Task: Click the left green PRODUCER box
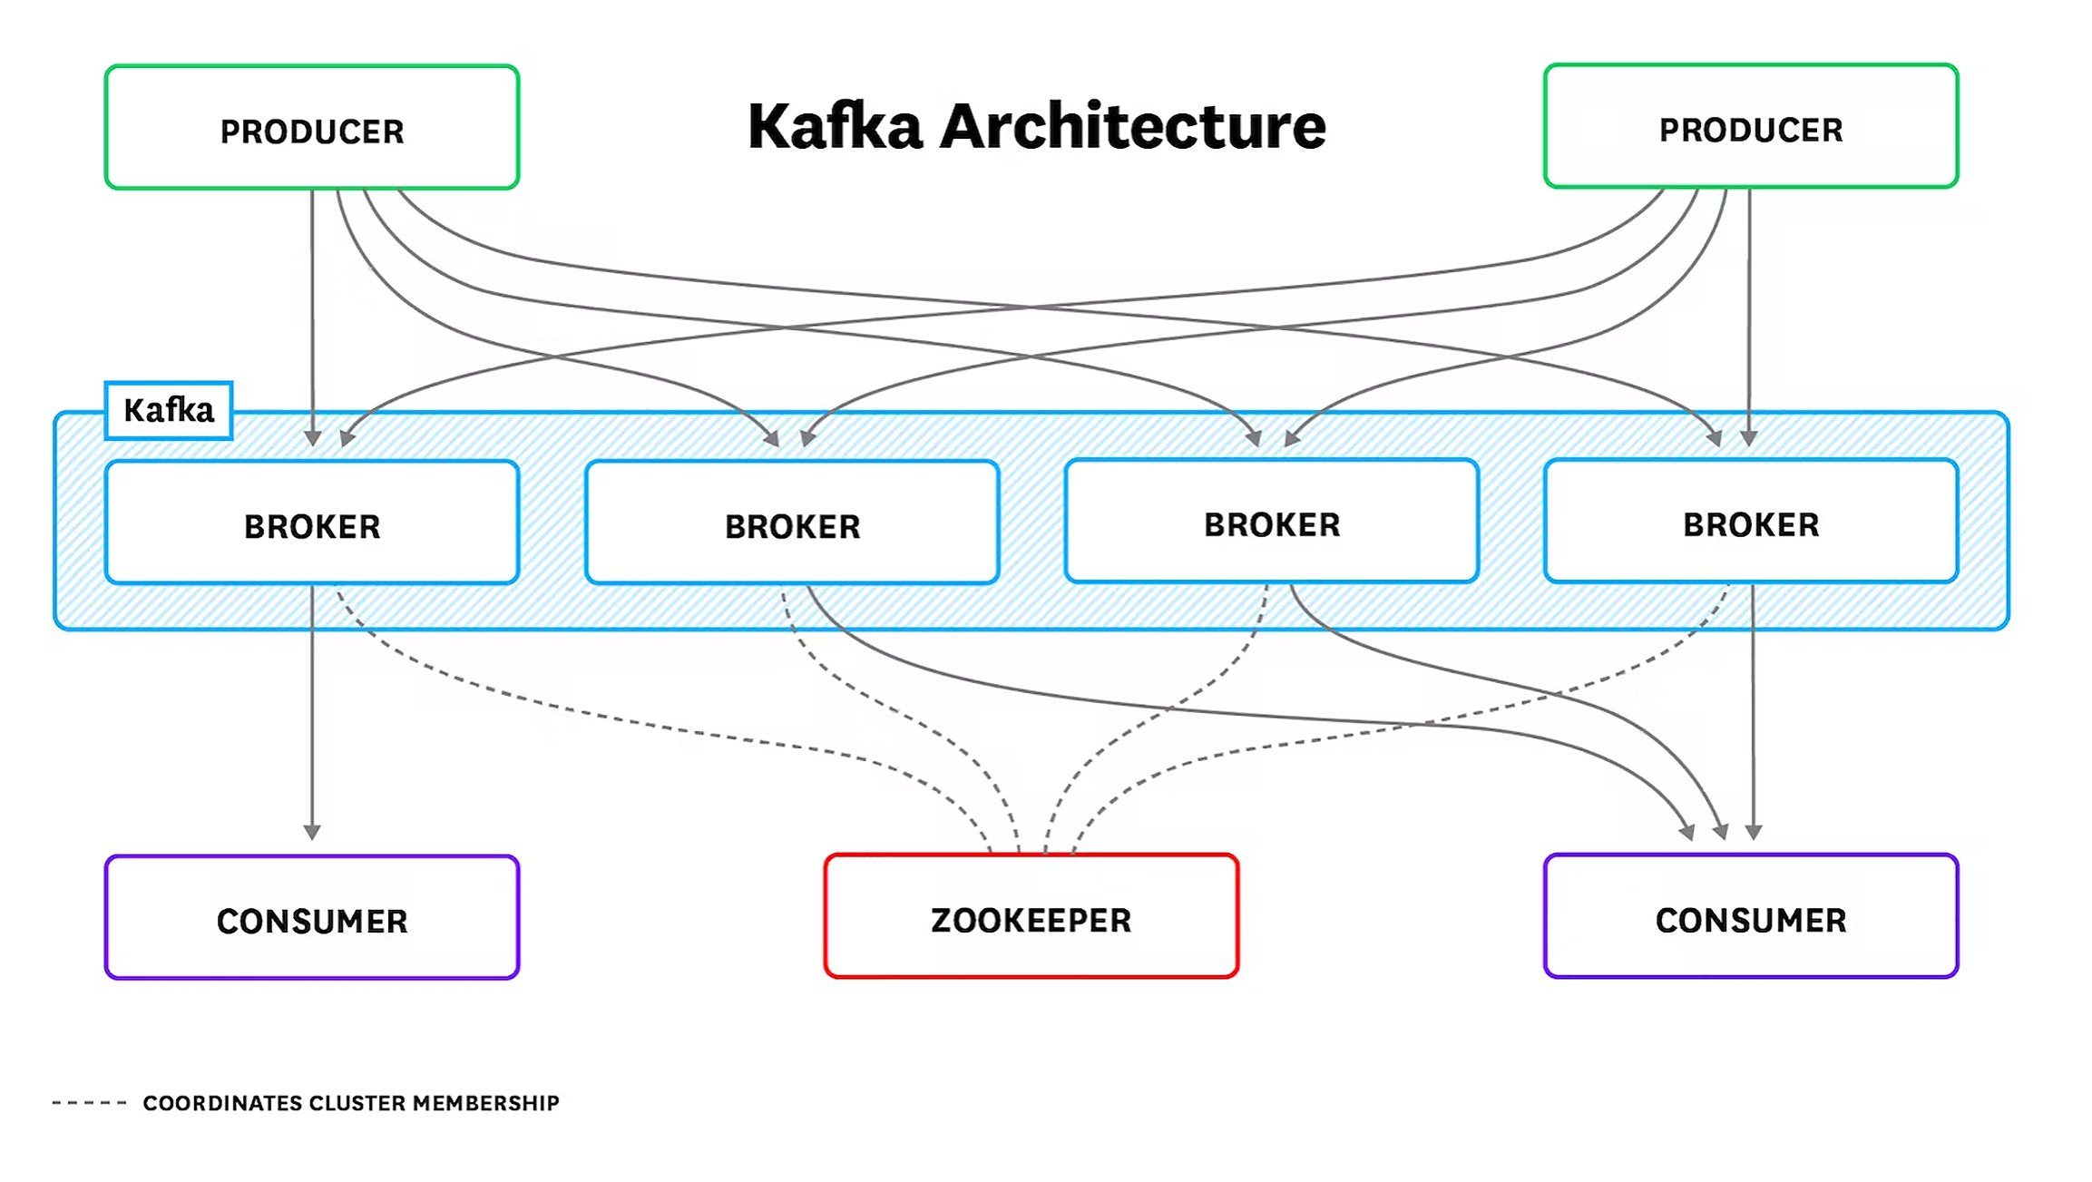pos(311,127)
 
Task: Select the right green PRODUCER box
pos(1750,126)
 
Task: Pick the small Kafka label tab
pos(169,411)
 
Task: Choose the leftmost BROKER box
pos(311,523)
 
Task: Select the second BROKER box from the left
pos(792,523)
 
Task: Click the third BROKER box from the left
pos(1271,522)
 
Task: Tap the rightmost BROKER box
pos(1750,522)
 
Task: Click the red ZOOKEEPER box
pos(1031,917)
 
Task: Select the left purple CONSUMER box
pos(311,918)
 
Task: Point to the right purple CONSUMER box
pos(1750,917)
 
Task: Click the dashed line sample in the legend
pos(89,1103)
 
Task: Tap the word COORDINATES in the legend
pos(222,1103)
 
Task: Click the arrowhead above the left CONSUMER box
pos(312,832)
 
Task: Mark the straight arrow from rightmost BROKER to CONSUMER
pos(1753,708)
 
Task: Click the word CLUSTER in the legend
pos(357,1103)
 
